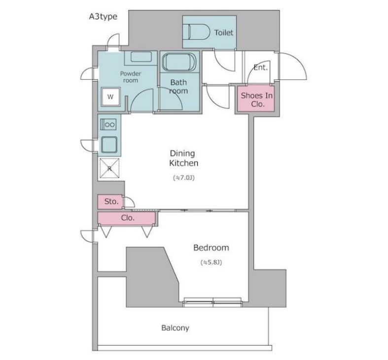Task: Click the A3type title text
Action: [x=103, y=17]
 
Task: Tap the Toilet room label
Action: [x=224, y=33]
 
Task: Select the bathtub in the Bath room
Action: [x=179, y=62]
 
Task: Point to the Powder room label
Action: [x=131, y=77]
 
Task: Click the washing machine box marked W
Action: [x=110, y=97]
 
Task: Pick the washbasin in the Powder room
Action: [x=141, y=57]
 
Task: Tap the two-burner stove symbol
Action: [x=108, y=125]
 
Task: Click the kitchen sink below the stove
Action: [x=109, y=145]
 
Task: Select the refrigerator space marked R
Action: [x=109, y=168]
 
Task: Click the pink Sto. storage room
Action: [x=110, y=201]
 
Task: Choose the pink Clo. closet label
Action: [x=128, y=218]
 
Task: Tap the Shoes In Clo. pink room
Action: [x=256, y=99]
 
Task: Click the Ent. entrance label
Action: [x=261, y=67]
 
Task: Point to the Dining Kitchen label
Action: [x=183, y=158]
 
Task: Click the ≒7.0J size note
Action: [x=183, y=177]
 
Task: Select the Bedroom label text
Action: [x=211, y=248]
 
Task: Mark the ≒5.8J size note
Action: [x=211, y=262]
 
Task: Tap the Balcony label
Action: [x=175, y=328]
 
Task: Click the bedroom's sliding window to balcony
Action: [x=212, y=302]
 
